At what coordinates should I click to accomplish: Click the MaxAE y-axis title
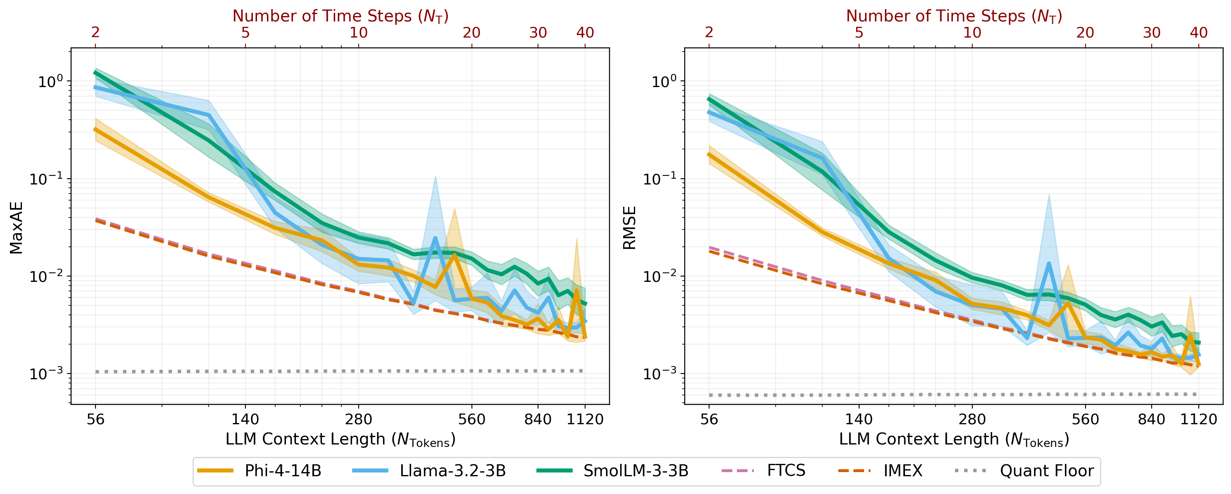coord(16,228)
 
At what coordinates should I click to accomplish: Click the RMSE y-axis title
coord(629,228)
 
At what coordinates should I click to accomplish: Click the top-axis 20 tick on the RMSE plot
coord(1085,33)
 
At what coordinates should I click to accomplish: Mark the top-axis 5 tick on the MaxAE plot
coord(245,33)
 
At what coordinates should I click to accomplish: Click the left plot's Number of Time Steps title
coord(340,16)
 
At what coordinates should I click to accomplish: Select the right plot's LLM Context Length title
coord(954,439)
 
